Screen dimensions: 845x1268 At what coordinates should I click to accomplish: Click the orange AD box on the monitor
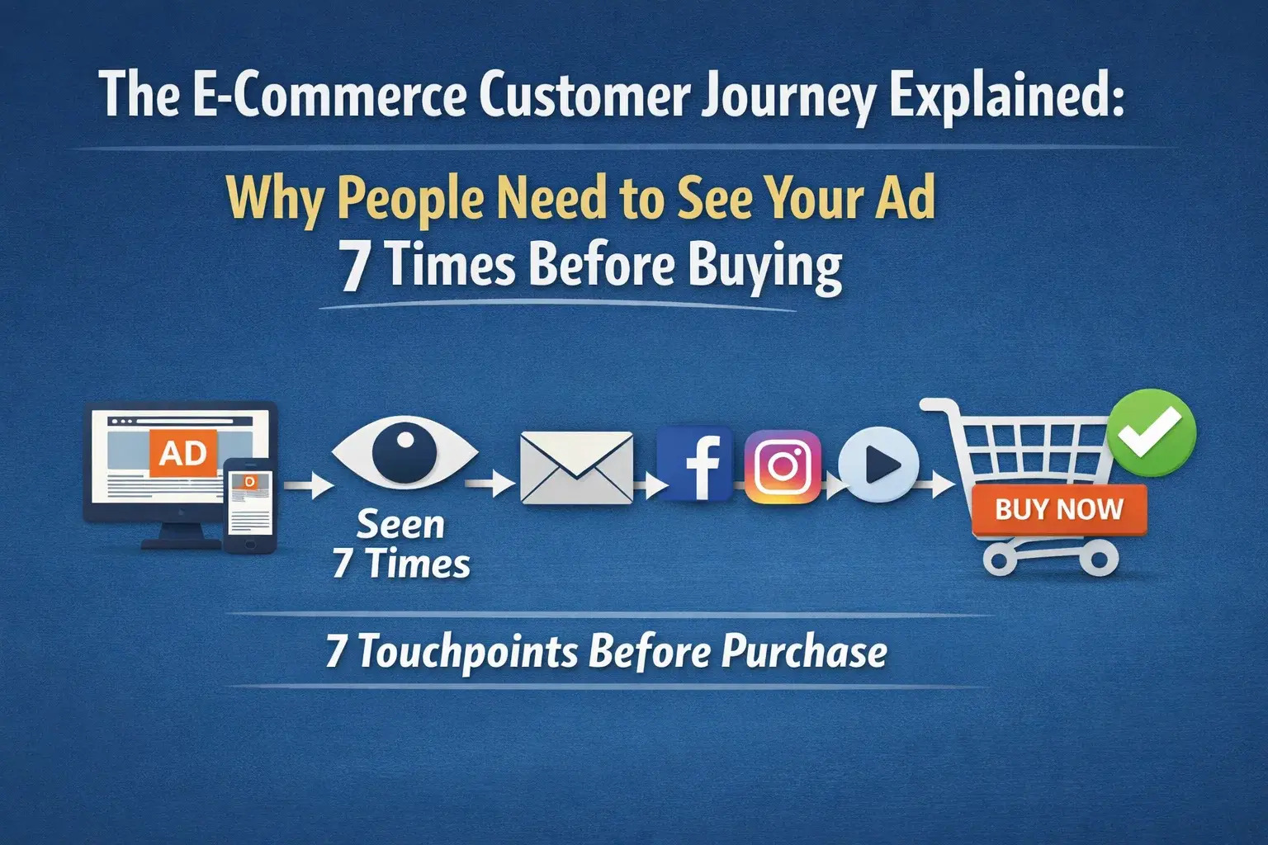183,452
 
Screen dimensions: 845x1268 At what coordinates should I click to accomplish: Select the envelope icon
576,467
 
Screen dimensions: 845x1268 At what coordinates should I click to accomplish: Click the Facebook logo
695,465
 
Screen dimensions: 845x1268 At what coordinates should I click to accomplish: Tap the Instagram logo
783,466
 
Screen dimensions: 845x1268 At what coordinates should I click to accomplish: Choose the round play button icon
878,465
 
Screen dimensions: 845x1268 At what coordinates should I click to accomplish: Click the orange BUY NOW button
1059,509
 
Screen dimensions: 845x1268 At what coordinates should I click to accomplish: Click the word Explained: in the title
1005,97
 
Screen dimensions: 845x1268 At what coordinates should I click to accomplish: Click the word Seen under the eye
400,525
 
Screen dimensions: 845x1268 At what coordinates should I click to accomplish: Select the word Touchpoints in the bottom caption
468,653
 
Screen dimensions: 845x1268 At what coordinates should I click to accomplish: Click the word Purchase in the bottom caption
804,652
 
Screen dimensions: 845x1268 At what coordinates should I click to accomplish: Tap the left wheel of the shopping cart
1000,561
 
